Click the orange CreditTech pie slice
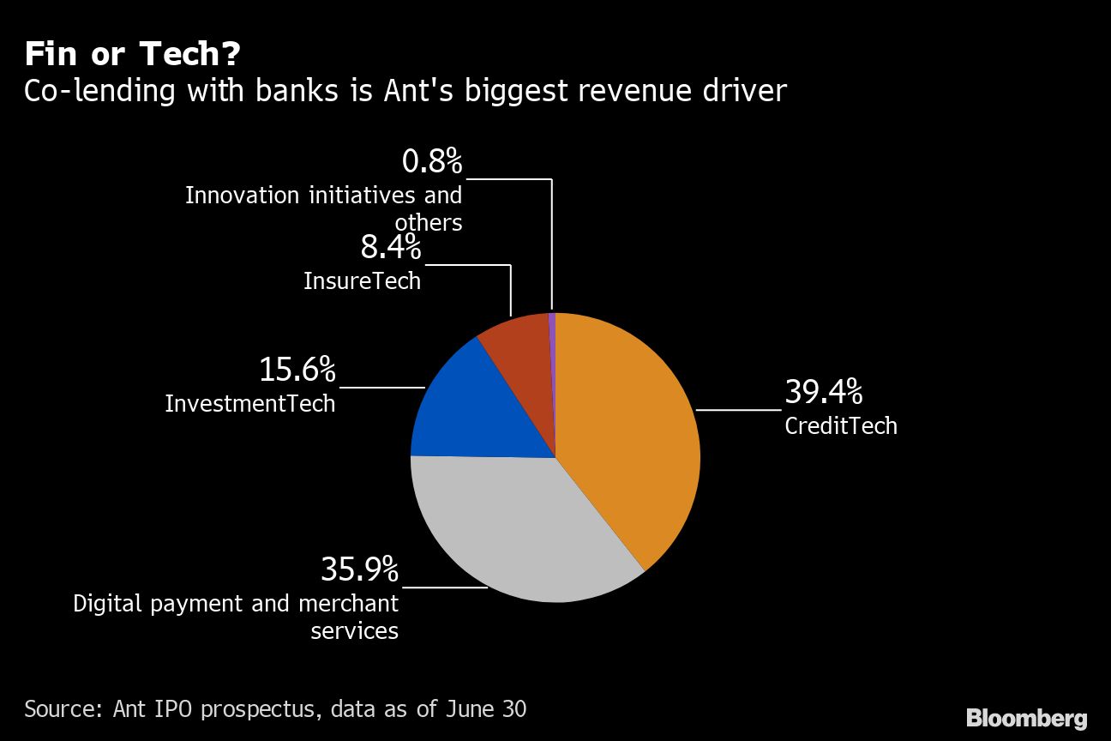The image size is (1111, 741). click(x=626, y=429)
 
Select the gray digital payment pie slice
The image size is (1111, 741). click(x=523, y=532)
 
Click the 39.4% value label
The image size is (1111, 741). click(x=823, y=393)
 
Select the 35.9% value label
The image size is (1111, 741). click(x=359, y=569)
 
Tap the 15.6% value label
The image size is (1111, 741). click(x=297, y=370)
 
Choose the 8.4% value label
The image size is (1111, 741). click(x=390, y=248)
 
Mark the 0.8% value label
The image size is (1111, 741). click(x=431, y=161)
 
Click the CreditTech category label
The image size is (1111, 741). click(x=841, y=426)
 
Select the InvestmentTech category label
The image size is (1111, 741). click(x=250, y=403)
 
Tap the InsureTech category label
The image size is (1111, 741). click(x=363, y=280)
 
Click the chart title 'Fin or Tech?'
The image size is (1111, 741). click(x=132, y=55)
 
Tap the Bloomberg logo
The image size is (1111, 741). click(x=1026, y=719)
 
